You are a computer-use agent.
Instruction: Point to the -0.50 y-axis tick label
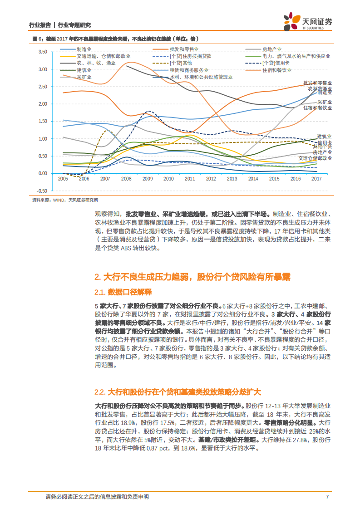[x=41, y=191]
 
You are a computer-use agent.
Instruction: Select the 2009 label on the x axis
[x=147, y=179]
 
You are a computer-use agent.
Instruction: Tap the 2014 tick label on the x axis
[x=253, y=179]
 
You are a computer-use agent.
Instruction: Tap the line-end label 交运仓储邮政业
[x=315, y=158]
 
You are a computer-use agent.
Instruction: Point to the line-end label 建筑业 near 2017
[x=324, y=136]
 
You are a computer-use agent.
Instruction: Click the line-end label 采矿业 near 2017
[x=324, y=102]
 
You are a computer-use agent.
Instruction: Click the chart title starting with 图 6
[x=113, y=39]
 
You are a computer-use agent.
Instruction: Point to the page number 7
[x=327, y=497]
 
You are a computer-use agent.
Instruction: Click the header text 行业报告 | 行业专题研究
[x=59, y=25]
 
